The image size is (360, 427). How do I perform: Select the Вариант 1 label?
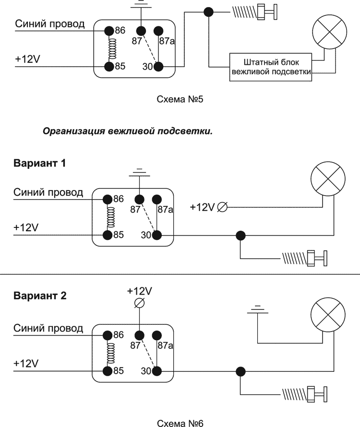pos(39,163)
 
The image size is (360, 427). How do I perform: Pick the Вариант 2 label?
pos(39,296)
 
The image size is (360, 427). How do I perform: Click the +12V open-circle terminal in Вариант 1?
pos(222,207)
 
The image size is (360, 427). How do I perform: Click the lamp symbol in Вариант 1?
pos(328,178)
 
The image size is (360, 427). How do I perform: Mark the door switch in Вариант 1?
pos(304,259)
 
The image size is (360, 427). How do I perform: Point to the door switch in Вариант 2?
pos(304,394)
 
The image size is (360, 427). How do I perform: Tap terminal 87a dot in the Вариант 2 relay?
pos(156,335)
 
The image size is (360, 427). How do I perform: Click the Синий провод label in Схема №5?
pos(50,24)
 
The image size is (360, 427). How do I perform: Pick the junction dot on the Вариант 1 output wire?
pos(240,235)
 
